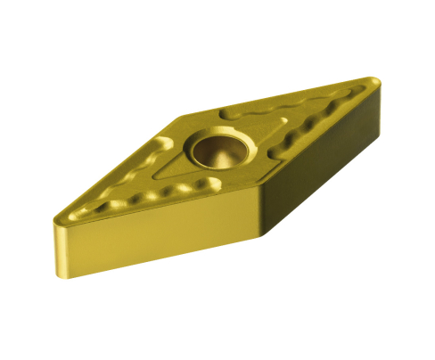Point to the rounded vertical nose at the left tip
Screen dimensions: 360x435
point(56,236)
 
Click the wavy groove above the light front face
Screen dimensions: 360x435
point(152,192)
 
